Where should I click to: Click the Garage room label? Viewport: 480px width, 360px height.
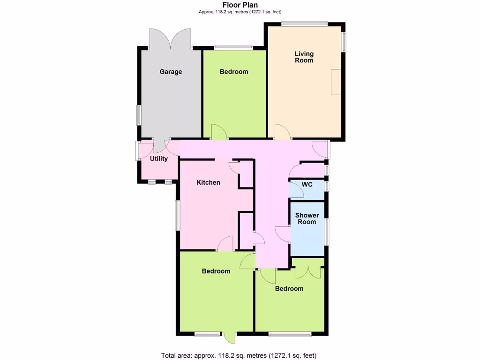pos(171,72)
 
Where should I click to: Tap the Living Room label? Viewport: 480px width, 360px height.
pos(304,57)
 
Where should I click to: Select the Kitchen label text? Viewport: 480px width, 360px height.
pos(208,182)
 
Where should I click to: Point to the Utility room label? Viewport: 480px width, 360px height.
pos(159,158)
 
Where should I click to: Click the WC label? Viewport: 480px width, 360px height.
pos(307,184)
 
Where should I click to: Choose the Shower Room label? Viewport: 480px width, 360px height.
pos(307,218)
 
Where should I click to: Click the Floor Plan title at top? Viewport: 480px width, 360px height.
pos(240,5)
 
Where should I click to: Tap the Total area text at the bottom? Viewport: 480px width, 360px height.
pos(240,355)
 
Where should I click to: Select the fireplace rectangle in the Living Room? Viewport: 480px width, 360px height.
pos(336,82)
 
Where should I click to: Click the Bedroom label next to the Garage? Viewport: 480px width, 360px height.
pos(234,72)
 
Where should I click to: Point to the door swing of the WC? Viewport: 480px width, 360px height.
pos(295,190)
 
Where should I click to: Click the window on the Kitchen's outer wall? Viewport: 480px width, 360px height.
pos(178,215)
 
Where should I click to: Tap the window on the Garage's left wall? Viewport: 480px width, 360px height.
pos(139,115)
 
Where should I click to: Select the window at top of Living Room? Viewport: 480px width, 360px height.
pos(304,23)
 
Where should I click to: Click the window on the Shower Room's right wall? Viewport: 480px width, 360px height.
pos(327,231)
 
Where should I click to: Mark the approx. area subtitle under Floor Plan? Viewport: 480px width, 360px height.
pos(240,12)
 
